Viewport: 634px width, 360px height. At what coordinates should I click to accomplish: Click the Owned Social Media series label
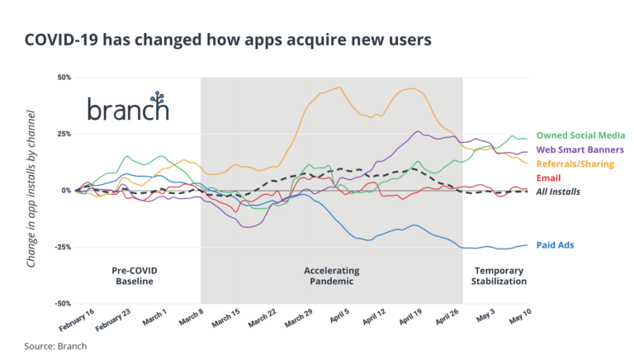[x=580, y=135]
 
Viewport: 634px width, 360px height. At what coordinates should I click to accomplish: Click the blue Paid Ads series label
[x=555, y=245]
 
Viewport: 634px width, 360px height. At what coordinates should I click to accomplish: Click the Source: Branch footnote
[x=54, y=346]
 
